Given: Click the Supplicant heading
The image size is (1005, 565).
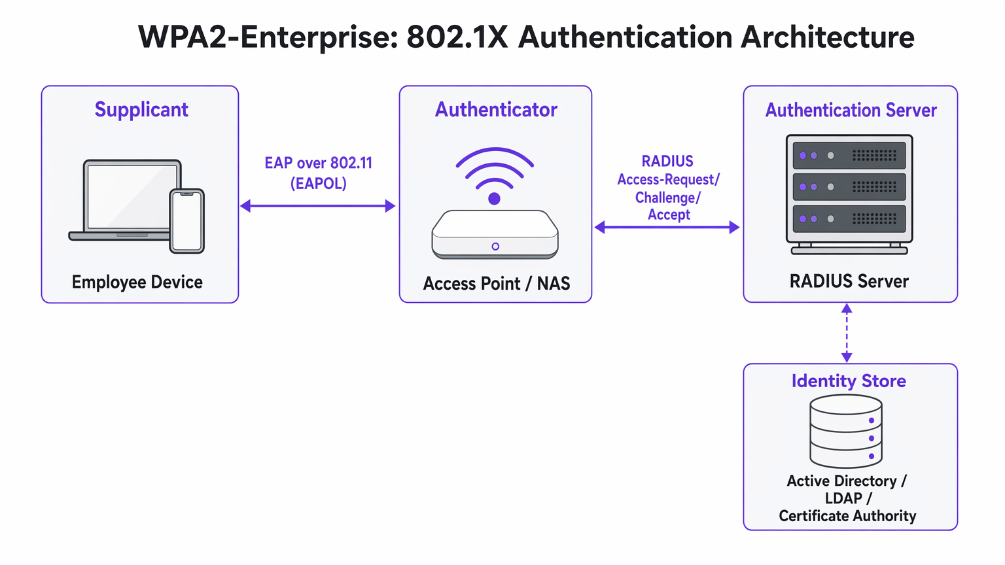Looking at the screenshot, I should tap(141, 109).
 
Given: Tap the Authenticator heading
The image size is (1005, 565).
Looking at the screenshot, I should tap(496, 109).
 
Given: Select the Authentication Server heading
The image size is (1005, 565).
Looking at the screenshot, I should tap(851, 110).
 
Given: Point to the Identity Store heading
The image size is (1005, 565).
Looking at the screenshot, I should tap(849, 381).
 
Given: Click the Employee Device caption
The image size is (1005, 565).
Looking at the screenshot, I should tap(137, 282).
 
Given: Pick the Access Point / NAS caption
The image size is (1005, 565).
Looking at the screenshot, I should tap(496, 283).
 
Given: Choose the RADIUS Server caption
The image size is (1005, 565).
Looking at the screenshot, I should tap(849, 281).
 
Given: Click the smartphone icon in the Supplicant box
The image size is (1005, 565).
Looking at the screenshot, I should tap(187, 221).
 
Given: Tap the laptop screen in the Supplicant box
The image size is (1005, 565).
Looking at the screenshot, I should tap(133, 196).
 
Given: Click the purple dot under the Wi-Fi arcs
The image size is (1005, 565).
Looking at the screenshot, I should tap(495, 199).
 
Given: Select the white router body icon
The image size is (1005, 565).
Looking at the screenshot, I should tap(495, 233).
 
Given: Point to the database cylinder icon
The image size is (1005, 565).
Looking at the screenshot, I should tap(846, 432).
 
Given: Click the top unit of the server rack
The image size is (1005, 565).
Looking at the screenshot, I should tap(849, 156).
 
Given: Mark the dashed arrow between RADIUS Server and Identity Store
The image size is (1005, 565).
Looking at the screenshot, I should tap(847, 333).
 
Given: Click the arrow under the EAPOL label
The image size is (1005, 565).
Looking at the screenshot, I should tap(318, 206).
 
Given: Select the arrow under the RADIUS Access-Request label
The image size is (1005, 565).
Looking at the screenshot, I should tap(667, 228).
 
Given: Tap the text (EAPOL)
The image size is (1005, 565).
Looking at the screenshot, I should tap(318, 184).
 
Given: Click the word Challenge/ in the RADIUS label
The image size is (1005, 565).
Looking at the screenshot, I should tap(668, 197).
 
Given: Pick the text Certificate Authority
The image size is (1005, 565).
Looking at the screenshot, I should tap(847, 516).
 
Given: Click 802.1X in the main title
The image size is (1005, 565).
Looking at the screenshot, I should tap(457, 37).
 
